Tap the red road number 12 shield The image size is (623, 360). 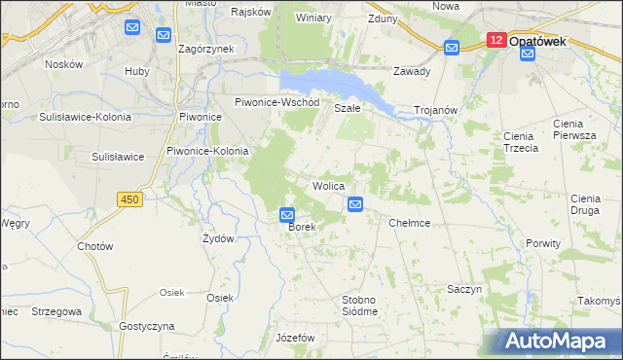tap(496, 40)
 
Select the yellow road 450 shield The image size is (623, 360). tap(129, 199)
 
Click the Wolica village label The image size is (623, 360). tap(328, 185)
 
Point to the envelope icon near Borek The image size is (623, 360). tap(287, 215)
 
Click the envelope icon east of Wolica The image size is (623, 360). tap(355, 204)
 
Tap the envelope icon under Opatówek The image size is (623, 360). tap(527, 54)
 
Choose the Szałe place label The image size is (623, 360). tap(348, 108)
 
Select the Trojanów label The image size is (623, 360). tap(435, 111)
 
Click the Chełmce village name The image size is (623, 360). tap(409, 223)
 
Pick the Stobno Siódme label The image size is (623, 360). tap(359, 305)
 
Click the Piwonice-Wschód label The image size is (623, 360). tap(277, 102)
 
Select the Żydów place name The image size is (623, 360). tap(217, 238)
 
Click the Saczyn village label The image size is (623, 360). tap(464, 290)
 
